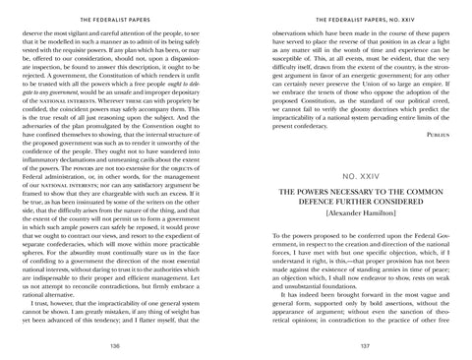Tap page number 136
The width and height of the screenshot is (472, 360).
tap(120, 346)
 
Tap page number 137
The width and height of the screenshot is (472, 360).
tap(351, 346)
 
